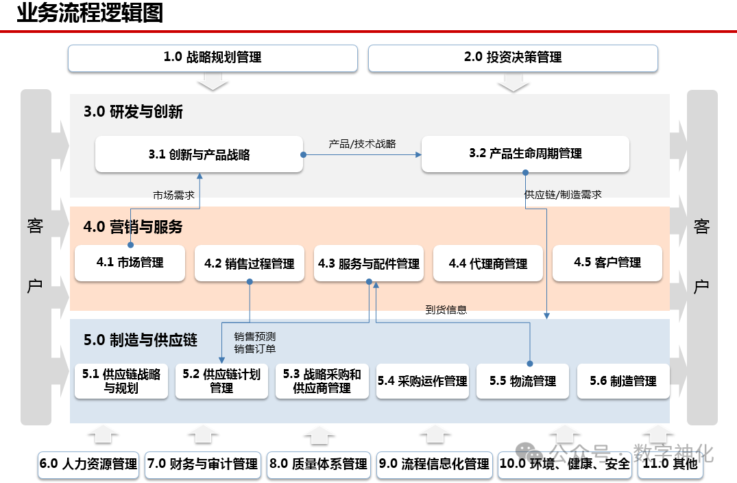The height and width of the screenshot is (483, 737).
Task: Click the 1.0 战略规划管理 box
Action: [x=213, y=58]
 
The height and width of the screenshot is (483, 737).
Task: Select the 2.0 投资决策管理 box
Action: [x=513, y=58]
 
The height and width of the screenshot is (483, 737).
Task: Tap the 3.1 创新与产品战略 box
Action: [x=199, y=154]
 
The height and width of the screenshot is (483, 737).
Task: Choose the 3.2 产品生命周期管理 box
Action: [x=525, y=154]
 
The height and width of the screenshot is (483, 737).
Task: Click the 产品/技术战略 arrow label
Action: [x=362, y=144]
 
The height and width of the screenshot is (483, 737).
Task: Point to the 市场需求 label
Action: [x=173, y=196]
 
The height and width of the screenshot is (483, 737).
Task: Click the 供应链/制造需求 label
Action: [x=563, y=194]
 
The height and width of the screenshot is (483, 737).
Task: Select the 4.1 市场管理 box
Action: [x=130, y=263]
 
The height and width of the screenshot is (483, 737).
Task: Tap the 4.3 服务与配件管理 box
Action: [x=369, y=263]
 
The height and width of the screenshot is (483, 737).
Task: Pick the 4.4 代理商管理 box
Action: [x=488, y=263]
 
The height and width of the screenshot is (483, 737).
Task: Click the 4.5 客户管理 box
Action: [x=607, y=263]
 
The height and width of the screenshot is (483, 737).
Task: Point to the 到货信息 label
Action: [x=446, y=310]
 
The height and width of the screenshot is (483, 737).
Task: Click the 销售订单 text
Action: [x=255, y=349]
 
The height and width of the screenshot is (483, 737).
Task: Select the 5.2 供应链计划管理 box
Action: [x=221, y=381]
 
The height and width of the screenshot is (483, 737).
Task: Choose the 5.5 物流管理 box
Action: [x=522, y=381]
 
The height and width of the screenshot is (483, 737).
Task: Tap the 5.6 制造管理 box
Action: [x=623, y=381]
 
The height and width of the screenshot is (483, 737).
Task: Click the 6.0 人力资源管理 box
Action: [x=88, y=464]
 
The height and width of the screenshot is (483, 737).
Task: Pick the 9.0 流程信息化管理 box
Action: [x=434, y=464]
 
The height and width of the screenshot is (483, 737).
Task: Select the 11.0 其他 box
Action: [x=670, y=464]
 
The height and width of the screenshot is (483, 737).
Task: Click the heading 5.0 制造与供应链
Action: [x=141, y=340]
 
